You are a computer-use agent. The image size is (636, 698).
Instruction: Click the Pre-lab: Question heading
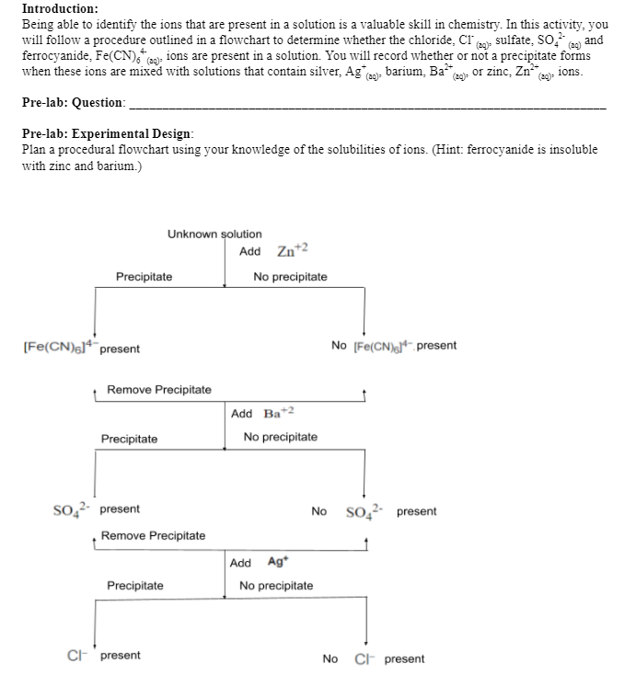73,102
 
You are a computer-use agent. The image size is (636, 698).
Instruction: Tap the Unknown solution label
214,235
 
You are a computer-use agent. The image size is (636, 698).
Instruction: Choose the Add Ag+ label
257,563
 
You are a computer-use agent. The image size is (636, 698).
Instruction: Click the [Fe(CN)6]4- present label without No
79,348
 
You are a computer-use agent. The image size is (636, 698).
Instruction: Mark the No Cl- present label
373,658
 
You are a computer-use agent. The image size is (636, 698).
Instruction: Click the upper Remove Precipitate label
158,390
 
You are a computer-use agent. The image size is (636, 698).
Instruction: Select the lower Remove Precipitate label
153,535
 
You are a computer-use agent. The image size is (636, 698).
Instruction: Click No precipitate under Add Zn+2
290,277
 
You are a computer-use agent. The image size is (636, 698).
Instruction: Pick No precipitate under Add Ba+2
280,437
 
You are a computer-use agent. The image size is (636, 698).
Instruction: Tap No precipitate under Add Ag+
275,586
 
